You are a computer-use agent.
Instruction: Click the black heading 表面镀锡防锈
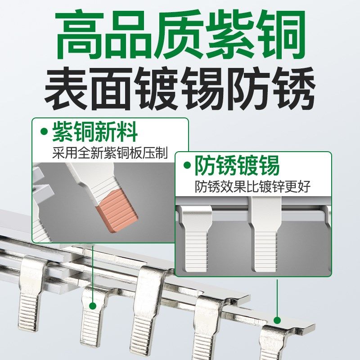click(180, 88)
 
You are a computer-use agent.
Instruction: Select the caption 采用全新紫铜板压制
click(110, 153)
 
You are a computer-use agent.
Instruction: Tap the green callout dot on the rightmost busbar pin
click(277, 320)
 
